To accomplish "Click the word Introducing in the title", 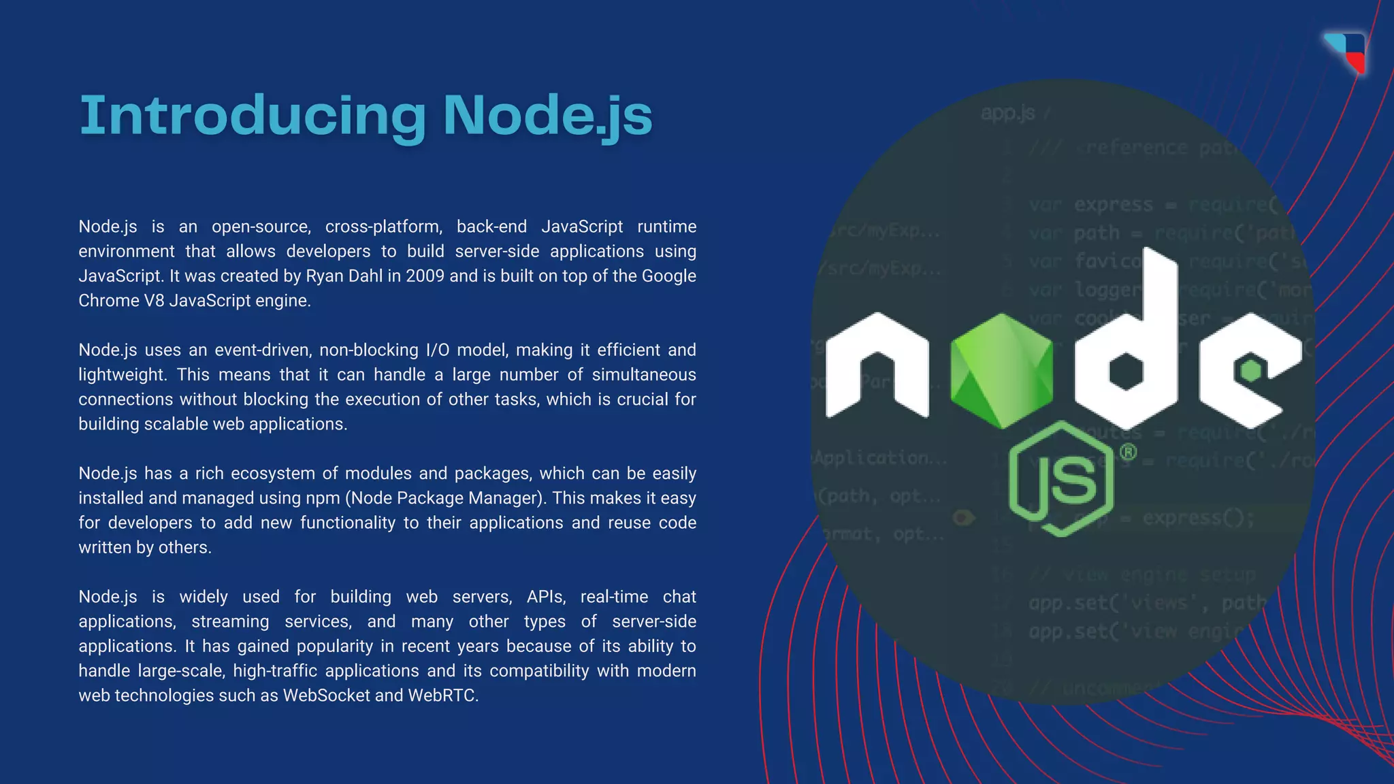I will [x=253, y=116].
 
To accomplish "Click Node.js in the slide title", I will [x=548, y=116].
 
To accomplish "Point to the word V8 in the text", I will [x=154, y=301].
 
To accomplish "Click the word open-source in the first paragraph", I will [x=261, y=227].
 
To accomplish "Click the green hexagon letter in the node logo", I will [x=1001, y=371].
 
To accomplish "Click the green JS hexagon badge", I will [x=1062, y=479].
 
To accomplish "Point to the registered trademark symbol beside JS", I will [x=1128, y=452].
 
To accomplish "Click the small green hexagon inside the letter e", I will [x=1250, y=371].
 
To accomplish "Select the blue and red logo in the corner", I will [x=1347, y=52].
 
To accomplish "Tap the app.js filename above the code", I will [x=1008, y=113].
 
